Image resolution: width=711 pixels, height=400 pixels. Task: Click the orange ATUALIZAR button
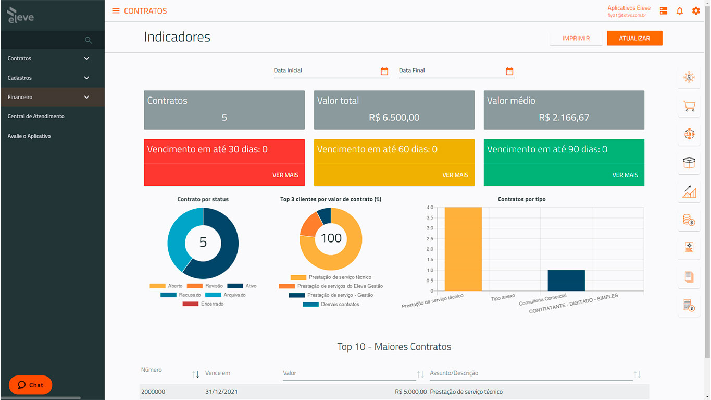(x=634, y=39)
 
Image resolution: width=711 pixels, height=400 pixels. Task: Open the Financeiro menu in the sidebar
(x=52, y=97)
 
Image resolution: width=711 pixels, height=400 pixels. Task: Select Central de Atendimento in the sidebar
(x=36, y=116)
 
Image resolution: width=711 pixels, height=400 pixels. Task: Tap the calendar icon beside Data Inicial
(x=384, y=71)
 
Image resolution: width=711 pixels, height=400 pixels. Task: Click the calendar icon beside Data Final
(x=509, y=71)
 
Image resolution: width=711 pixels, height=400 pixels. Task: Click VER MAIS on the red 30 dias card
(x=285, y=175)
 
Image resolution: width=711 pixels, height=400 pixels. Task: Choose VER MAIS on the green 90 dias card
(x=625, y=175)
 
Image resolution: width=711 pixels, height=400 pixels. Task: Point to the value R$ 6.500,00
(x=394, y=118)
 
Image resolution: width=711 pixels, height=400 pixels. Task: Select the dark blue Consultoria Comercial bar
(x=566, y=281)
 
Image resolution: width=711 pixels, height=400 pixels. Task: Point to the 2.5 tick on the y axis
(x=430, y=239)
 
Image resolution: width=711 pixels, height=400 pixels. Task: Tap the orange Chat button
(x=31, y=385)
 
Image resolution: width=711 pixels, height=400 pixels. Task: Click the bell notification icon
(x=679, y=11)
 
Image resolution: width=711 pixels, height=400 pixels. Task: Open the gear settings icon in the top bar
(x=696, y=11)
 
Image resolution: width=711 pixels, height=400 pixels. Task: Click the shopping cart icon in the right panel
(x=689, y=106)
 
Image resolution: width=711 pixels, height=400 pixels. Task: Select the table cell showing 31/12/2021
(x=221, y=392)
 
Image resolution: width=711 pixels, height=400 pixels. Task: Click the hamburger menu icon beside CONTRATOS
(x=116, y=11)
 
